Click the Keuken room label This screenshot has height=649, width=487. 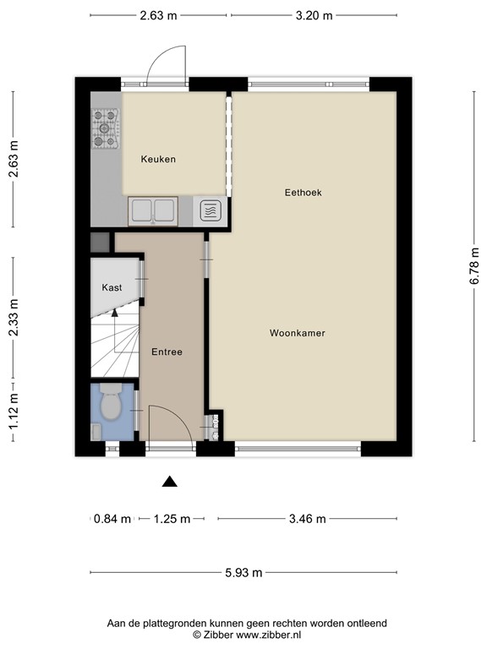click(x=158, y=160)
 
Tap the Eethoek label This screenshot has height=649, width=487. click(x=304, y=193)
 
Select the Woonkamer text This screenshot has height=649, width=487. click(x=298, y=333)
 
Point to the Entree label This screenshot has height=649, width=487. click(x=167, y=352)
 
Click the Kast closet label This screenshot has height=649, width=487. click(x=112, y=287)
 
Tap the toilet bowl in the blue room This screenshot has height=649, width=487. click(x=111, y=402)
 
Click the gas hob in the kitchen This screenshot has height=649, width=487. click(x=105, y=128)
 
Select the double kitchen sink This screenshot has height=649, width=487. click(x=153, y=211)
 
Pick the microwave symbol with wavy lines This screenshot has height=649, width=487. click(x=211, y=211)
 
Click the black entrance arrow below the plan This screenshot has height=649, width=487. click(x=169, y=482)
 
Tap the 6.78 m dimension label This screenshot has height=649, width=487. click(x=474, y=266)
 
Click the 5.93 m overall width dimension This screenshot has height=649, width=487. click(x=243, y=572)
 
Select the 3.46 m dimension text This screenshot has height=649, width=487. click(x=307, y=519)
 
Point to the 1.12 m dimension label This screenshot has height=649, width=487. click(x=14, y=411)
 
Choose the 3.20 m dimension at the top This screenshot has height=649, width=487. click(x=314, y=16)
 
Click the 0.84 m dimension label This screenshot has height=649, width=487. click(x=112, y=519)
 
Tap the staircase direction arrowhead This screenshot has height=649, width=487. click(x=115, y=313)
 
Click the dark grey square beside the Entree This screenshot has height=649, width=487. click(x=100, y=243)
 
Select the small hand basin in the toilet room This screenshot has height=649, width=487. click(x=96, y=432)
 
